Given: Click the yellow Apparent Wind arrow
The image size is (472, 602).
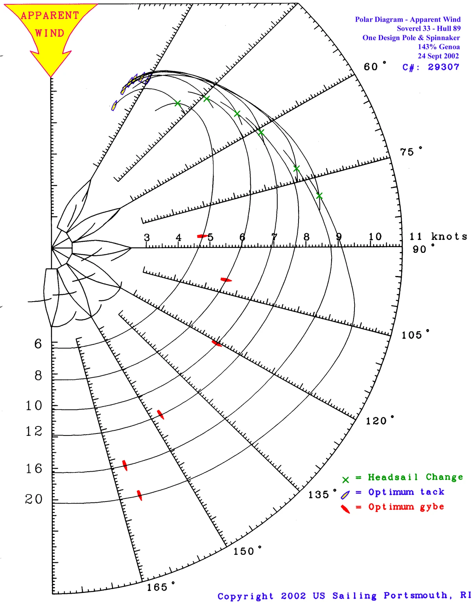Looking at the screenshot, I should pos(50,31).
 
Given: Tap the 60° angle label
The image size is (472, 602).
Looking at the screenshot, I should pos(374,67).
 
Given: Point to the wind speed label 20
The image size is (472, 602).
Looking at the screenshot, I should pos(34,499).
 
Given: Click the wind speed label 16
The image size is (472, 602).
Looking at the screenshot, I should pos(34,468).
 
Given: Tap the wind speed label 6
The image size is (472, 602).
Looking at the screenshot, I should pos(38,344).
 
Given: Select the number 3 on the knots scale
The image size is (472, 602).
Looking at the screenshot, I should pos(147,238).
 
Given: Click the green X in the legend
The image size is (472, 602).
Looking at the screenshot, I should pos(345,480).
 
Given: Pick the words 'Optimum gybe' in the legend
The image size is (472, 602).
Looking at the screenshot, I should pos(406,507).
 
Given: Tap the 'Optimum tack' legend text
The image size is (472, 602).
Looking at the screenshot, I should pos(406,492).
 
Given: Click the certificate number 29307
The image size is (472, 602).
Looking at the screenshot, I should pos(443,67).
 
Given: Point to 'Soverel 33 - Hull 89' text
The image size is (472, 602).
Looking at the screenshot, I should pos(428,28).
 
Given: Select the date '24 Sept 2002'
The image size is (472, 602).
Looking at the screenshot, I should pos(438,56).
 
